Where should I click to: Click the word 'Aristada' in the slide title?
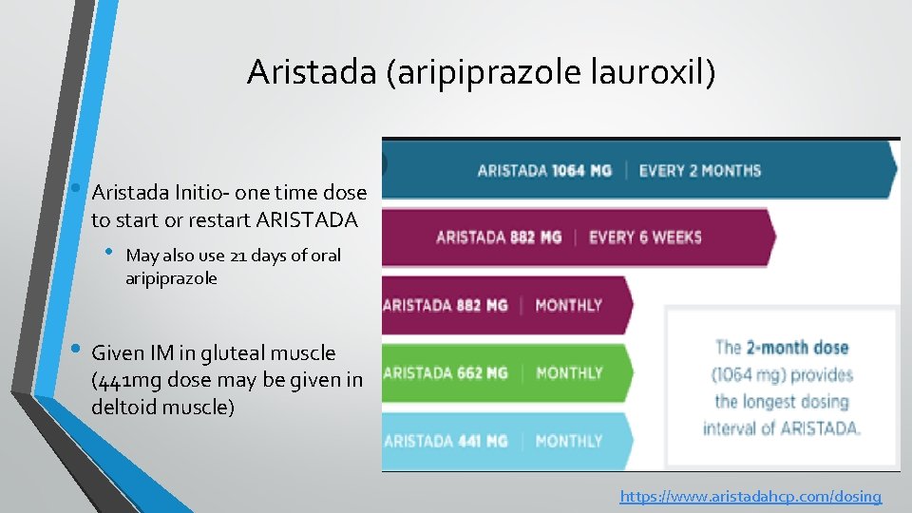tap(311, 72)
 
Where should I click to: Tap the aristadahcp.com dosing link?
tap(750, 496)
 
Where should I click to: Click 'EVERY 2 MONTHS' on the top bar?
tap(700, 171)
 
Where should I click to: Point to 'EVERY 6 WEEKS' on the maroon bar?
tap(645, 237)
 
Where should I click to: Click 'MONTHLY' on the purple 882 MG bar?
tap(569, 305)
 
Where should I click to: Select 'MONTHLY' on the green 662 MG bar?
tap(569, 372)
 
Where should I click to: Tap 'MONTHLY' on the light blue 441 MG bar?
tap(569, 441)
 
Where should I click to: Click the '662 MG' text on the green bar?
tap(483, 372)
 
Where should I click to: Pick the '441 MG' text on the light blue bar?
tap(483, 441)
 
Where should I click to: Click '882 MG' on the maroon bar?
tap(536, 237)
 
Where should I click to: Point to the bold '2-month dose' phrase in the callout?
tap(796, 348)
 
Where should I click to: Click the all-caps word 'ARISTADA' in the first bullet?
tap(312, 219)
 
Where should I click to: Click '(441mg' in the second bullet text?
tap(123, 380)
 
